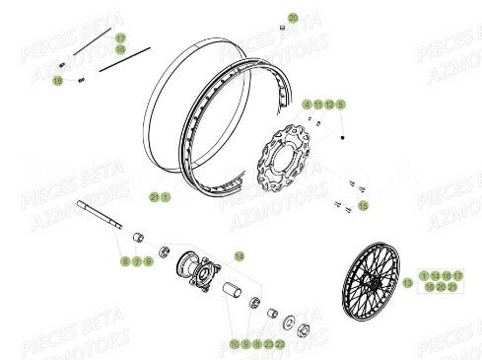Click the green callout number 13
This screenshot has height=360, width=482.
pyautogui.click(x=408, y=282)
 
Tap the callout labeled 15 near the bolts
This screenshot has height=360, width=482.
pyautogui.click(x=364, y=205)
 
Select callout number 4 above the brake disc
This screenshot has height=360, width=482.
pyautogui.click(x=307, y=104)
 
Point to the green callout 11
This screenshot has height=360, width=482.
pyautogui.click(x=318, y=104)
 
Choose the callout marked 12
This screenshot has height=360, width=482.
pyautogui.click(x=329, y=104)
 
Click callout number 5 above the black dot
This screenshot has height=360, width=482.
pyautogui.click(x=341, y=104)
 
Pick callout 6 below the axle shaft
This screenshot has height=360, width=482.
pyautogui.click(x=126, y=261)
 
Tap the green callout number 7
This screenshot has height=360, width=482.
pyautogui.click(x=137, y=261)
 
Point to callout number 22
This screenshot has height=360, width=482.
pyautogui.click(x=280, y=343)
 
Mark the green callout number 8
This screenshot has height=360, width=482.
pyautogui.click(x=256, y=343)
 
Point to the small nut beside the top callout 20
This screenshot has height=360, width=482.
pyautogui.click(x=280, y=30)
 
